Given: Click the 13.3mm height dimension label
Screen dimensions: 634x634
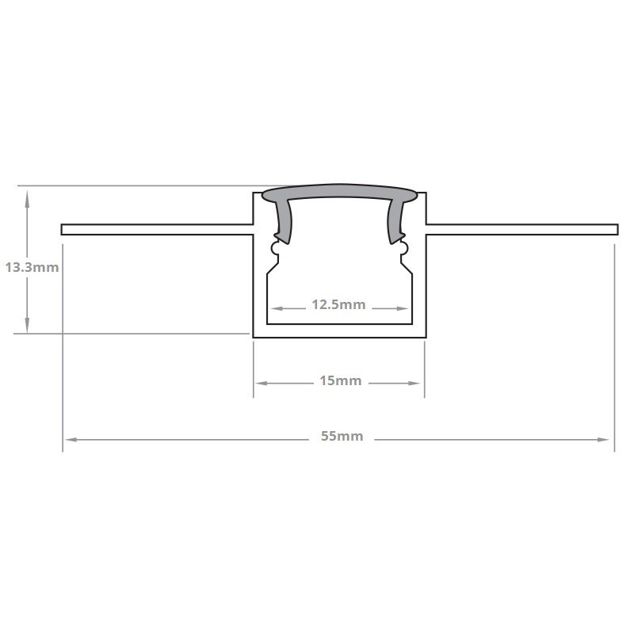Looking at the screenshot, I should pyautogui.click(x=32, y=267).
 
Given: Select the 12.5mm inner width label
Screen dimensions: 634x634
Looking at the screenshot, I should pyautogui.click(x=338, y=304).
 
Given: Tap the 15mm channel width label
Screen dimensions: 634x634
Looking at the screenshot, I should pyautogui.click(x=340, y=381).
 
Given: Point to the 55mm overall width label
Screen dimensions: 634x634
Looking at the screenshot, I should pyautogui.click(x=342, y=437).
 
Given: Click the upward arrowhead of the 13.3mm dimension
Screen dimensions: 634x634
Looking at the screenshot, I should pyautogui.click(x=28, y=197).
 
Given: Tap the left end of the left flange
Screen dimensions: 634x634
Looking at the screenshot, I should pyautogui.click(x=63, y=230).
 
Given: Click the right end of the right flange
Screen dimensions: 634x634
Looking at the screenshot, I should pyautogui.click(x=615, y=230).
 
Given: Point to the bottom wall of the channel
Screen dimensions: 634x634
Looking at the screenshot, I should pyautogui.click(x=339, y=332).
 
